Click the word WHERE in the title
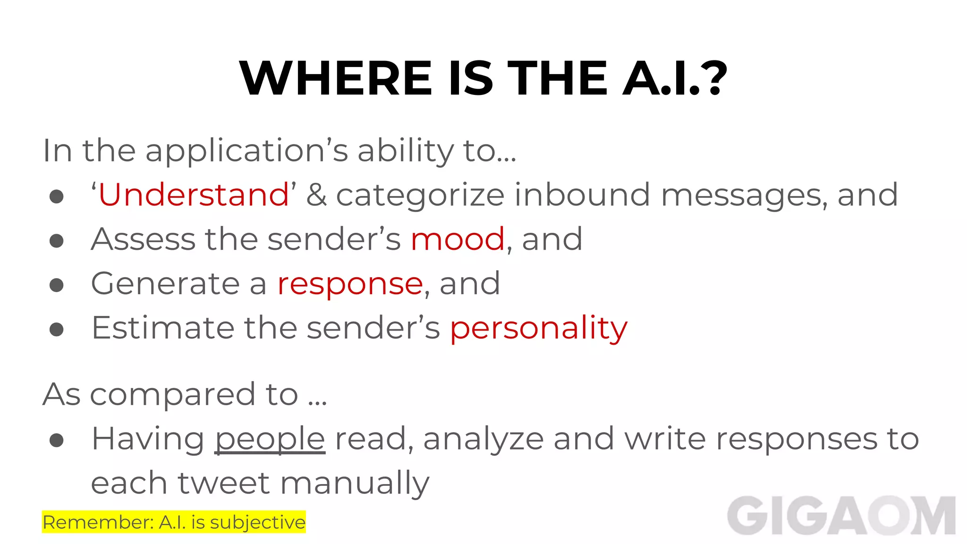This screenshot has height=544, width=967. click(x=336, y=78)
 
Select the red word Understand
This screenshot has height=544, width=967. click(x=194, y=195)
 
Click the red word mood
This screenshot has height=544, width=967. click(x=458, y=239)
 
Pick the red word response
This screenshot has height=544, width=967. click(x=350, y=284)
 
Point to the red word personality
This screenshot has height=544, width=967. click(x=539, y=328)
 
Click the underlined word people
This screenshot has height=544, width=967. click(x=270, y=439)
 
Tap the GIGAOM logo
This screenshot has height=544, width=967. click(x=841, y=516)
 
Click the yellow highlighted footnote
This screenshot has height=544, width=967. click(x=174, y=522)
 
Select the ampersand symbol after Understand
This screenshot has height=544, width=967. click(x=316, y=195)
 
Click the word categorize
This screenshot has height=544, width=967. click(x=420, y=195)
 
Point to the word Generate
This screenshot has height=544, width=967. click(x=166, y=283)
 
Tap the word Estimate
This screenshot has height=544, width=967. click(x=163, y=328)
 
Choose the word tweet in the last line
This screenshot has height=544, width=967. click(x=224, y=483)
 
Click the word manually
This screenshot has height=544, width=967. click(x=355, y=484)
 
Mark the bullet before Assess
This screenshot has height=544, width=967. click(x=57, y=241)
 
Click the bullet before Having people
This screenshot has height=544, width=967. click(x=57, y=440)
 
